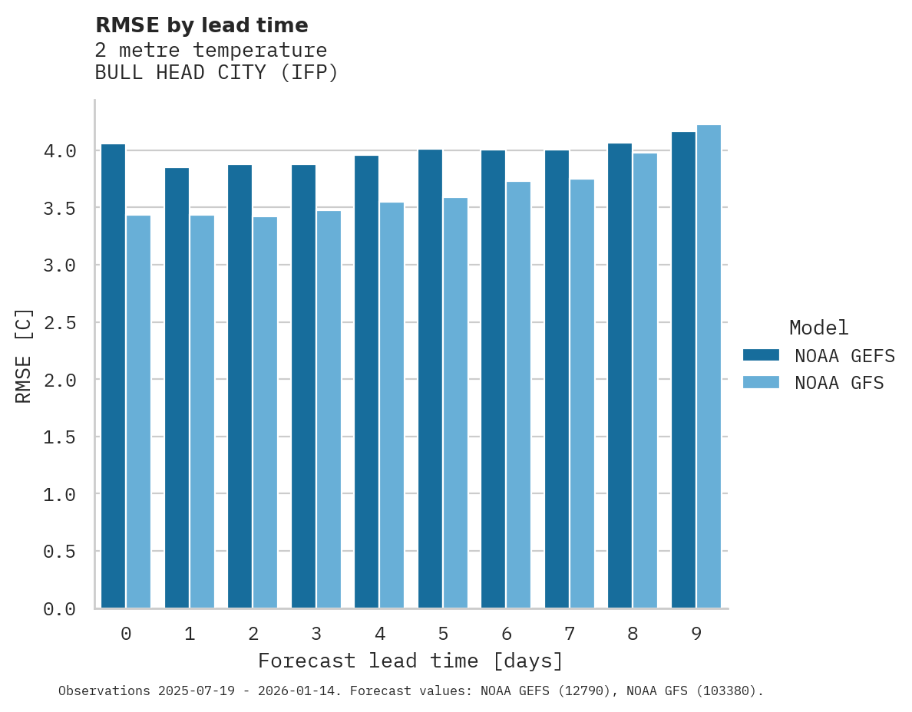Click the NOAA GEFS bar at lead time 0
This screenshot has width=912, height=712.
click(113, 376)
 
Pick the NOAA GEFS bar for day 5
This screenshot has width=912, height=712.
click(430, 379)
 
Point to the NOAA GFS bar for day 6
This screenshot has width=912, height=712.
click(518, 395)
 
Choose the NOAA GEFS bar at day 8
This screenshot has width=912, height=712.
click(620, 376)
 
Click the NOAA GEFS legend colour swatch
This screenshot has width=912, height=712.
click(761, 355)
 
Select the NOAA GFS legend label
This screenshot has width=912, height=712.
click(839, 383)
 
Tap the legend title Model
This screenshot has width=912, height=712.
click(819, 328)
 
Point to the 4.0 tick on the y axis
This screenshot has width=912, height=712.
click(60, 151)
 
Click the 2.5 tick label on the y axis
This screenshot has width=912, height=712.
click(60, 323)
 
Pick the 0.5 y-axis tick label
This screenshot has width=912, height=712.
click(60, 552)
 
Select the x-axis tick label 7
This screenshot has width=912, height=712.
click(569, 634)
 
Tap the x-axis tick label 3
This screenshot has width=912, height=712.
click(316, 634)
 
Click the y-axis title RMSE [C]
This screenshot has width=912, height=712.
click(24, 355)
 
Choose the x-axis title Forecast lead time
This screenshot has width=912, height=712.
click(411, 661)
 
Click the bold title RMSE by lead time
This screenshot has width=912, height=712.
click(201, 25)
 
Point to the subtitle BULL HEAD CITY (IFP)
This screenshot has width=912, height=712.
click(216, 73)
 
